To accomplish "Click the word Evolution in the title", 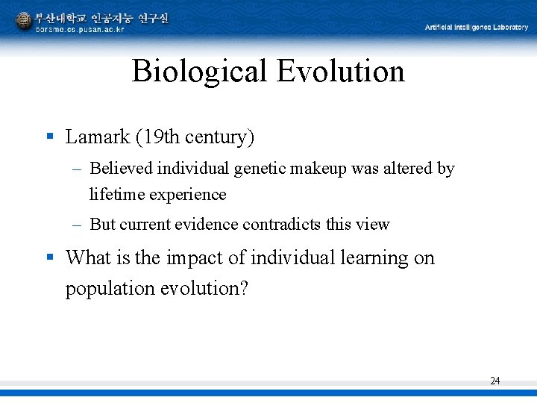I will [x=340, y=72].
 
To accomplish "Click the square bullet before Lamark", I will [x=50, y=137].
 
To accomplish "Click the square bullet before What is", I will [x=50, y=257].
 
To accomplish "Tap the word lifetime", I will [x=116, y=194].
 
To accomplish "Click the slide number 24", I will [x=495, y=381].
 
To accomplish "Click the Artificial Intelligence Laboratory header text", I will [x=476, y=28].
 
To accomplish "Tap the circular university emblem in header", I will [x=23, y=20].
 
